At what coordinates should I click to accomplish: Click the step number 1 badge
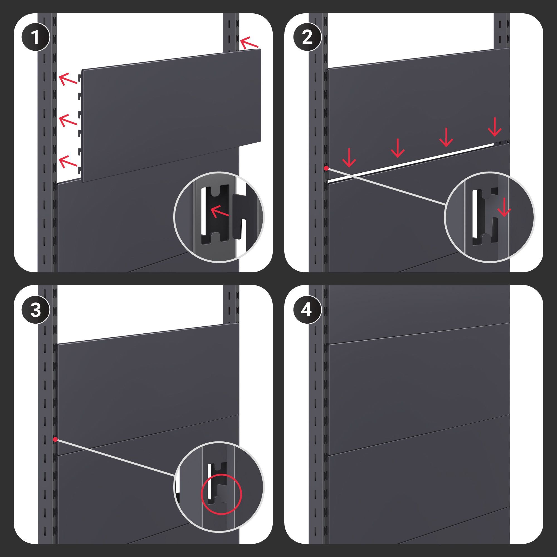pos(35,38)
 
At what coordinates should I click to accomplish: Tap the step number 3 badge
pos(35,311)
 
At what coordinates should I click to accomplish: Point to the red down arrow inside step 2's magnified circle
pos(504,207)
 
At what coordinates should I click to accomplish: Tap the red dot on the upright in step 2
pos(326,168)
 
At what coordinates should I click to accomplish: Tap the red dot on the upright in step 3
pos(55,439)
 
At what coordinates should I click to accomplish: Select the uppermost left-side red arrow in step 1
pos(68,79)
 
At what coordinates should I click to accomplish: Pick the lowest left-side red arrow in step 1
pos(68,162)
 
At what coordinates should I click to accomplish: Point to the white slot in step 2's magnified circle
pos(475,213)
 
